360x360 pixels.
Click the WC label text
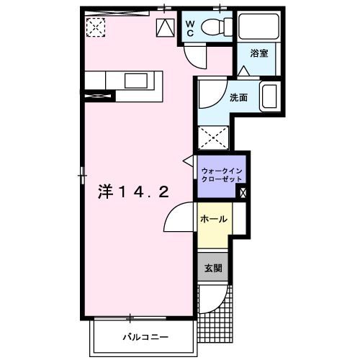tap(190, 29)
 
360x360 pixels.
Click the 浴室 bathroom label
tap(259, 53)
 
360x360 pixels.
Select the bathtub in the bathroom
tap(258, 27)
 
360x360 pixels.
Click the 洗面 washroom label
tap(238, 97)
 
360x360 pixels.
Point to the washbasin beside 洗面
tap(270, 96)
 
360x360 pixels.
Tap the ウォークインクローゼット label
tap(222, 175)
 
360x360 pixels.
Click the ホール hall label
tap(214, 219)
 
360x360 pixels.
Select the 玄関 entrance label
tap(213, 268)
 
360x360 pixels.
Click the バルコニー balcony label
tap(145, 337)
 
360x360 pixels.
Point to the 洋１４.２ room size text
tap(133, 192)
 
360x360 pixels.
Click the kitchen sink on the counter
tap(136, 81)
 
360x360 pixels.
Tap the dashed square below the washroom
tap(213, 138)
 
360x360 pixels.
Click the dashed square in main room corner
tap(96, 27)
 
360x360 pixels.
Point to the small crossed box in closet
tap(243, 193)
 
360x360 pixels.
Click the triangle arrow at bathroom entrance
tap(244, 71)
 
